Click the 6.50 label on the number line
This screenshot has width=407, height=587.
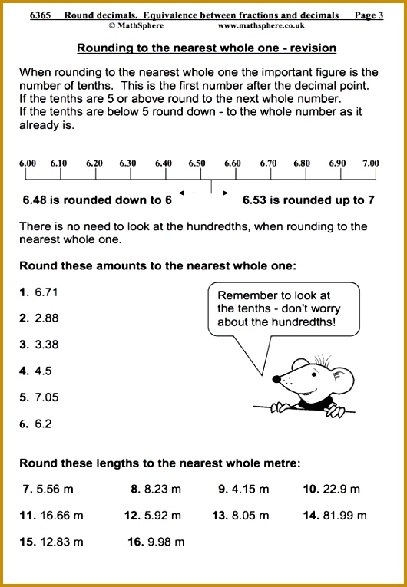tap(197, 163)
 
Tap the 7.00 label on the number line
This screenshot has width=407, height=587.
tap(371, 163)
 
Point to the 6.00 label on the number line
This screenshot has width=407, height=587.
tap(28, 163)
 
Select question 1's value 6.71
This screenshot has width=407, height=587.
tap(46, 292)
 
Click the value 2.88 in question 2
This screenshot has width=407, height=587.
tap(46, 318)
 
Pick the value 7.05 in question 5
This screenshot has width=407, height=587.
tap(46, 397)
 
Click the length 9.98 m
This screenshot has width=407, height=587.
tap(166, 542)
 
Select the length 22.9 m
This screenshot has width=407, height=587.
tap(340, 489)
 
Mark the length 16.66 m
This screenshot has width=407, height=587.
tap(61, 515)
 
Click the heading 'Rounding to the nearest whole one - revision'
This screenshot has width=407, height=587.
tap(207, 48)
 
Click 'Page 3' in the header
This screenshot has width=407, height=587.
tap(369, 15)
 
